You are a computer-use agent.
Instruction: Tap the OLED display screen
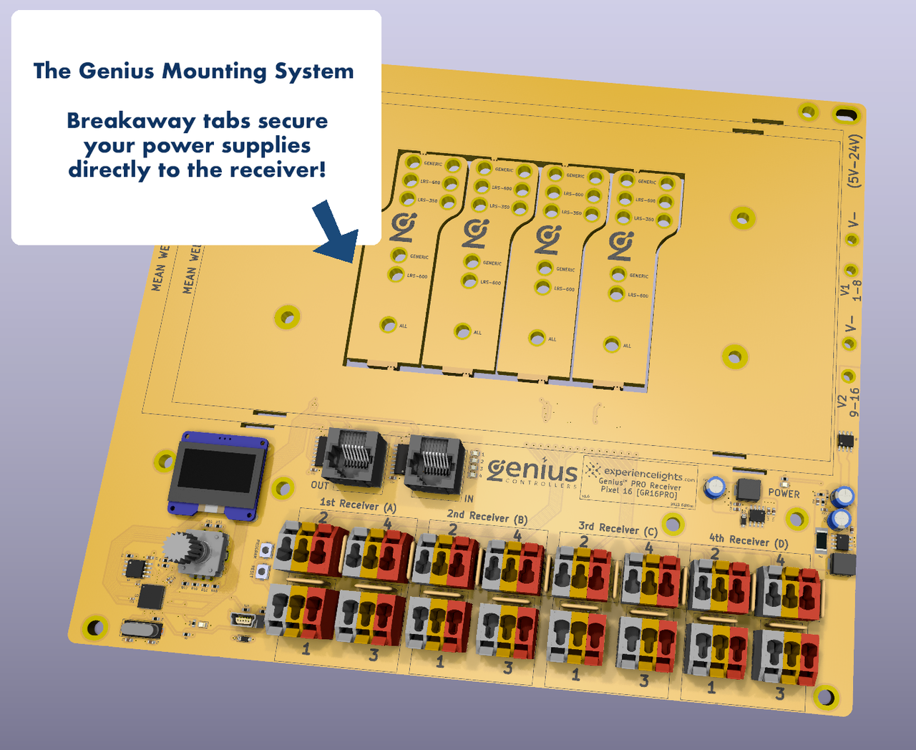click(x=214, y=474)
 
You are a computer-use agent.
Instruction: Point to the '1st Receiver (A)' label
click(x=358, y=505)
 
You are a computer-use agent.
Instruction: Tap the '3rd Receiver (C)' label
click(x=618, y=529)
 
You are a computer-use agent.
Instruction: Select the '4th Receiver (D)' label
click(x=748, y=540)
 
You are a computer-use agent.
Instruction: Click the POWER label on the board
click(x=784, y=493)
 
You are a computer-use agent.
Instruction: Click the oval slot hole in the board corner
click(x=846, y=115)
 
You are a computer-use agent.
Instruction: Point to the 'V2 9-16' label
click(x=849, y=401)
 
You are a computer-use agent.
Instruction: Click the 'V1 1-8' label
click(x=851, y=291)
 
